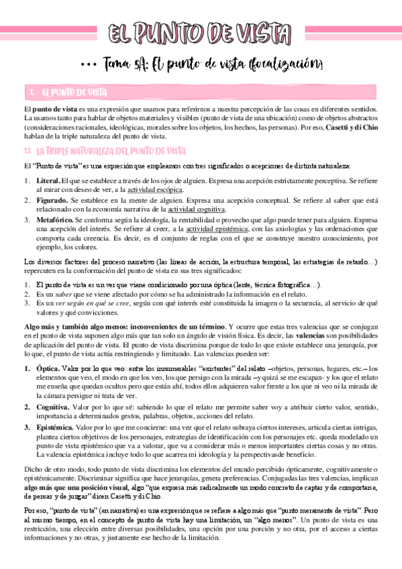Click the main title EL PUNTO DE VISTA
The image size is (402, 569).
pyautogui.click(x=201, y=32)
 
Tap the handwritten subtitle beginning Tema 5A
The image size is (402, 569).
pyautogui.click(x=213, y=64)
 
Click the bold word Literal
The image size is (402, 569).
pyautogui.click(x=47, y=181)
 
